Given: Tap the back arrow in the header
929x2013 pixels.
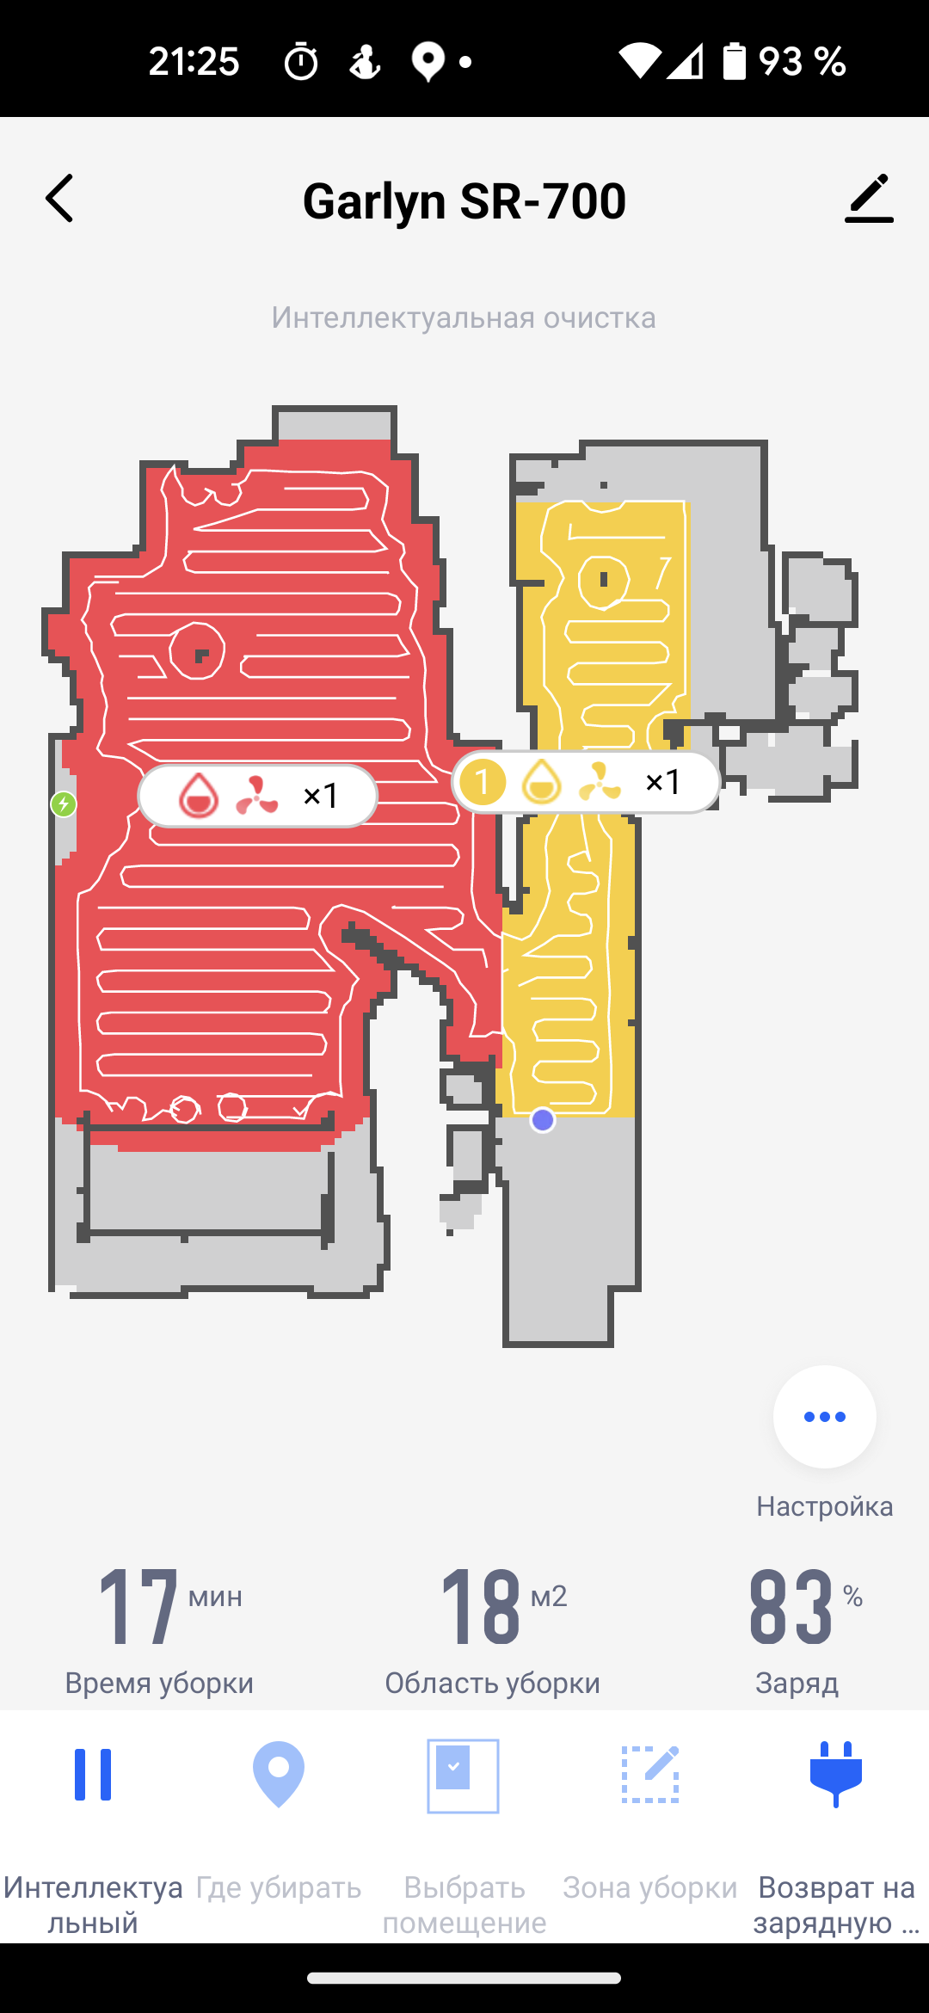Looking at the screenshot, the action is click(x=59, y=199).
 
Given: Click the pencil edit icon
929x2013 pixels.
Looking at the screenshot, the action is click(x=869, y=198).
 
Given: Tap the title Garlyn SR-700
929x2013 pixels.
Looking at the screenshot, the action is click(x=464, y=201).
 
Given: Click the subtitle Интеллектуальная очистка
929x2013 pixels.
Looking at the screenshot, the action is click(x=464, y=317).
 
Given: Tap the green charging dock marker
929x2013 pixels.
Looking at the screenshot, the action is click(x=64, y=804).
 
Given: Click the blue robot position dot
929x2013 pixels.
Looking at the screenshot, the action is click(x=543, y=1120).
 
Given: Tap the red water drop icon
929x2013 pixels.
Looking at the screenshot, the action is click(x=198, y=795).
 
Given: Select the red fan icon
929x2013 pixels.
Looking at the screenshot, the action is click(x=257, y=796).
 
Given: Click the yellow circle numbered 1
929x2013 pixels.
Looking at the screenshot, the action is click(x=483, y=782).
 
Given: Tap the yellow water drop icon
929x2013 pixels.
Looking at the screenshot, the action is click(x=542, y=782).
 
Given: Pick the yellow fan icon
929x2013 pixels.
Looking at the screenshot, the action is click(x=600, y=782).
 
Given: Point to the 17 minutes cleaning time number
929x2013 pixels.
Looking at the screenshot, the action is click(x=138, y=1606).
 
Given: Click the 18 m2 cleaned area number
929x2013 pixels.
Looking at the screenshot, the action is click(x=481, y=1606).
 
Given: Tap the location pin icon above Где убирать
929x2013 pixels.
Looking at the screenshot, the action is click(x=279, y=1774).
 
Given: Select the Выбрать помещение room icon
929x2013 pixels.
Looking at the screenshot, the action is click(x=464, y=1776).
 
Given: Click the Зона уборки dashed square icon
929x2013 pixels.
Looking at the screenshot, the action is click(x=650, y=1774).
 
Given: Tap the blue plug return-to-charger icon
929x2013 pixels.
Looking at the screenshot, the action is click(x=836, y=1774).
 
